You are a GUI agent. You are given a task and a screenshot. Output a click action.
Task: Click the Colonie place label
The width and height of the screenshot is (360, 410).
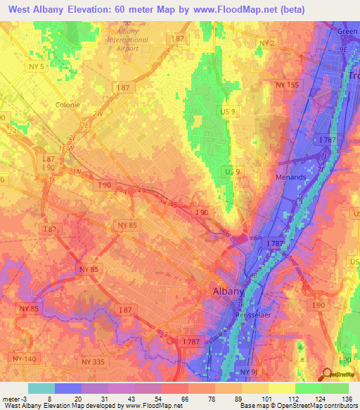(x=67, y=104)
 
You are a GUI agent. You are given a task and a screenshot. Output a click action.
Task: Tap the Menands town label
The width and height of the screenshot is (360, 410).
(x=290, y=177)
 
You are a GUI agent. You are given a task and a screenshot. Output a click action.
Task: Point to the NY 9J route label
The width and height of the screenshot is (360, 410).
(x=250, y=371)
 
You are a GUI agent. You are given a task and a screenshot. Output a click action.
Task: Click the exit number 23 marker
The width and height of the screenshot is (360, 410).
(x=164, y=335)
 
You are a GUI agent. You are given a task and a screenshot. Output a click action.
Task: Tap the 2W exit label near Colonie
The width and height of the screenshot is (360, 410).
(x=98, y=113)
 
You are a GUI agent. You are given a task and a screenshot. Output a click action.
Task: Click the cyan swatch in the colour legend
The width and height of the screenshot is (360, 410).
(x=41, y=388)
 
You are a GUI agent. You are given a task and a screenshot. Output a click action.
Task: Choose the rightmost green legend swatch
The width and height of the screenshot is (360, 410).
(x=335, y=388)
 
